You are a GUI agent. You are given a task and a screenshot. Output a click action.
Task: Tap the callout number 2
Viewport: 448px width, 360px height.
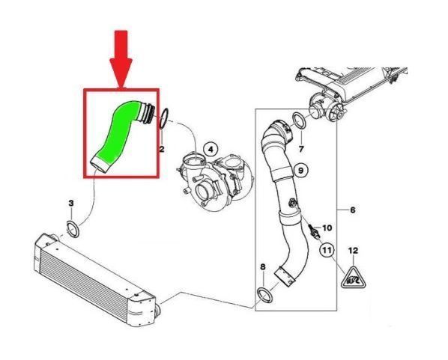click(x=162, y=149)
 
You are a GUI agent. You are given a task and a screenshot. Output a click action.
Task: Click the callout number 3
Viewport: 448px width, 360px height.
click(x=71, y=204)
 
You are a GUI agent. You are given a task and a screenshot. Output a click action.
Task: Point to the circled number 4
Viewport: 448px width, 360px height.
click(x=211, y=149)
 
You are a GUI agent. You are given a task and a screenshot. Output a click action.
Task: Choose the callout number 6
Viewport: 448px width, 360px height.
click(x=353, y=210)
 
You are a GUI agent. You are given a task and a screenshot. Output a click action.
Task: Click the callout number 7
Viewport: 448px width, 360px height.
click(x=301, y=149)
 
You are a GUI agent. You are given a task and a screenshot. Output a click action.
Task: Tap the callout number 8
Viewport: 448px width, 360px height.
click(x=263, y=267)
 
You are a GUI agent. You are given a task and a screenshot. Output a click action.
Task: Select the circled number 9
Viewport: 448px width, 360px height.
click(x=300, y=171)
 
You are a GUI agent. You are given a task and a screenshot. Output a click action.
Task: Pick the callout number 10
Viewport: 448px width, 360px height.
click(x=327, y=228)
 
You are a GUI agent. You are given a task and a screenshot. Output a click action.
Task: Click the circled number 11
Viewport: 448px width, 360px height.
click(x=327, y=251)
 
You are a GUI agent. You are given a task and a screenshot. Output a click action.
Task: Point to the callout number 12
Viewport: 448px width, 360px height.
click(x=353, y=251)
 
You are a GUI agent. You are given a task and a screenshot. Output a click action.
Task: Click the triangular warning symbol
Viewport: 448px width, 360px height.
click(x=354, y=278)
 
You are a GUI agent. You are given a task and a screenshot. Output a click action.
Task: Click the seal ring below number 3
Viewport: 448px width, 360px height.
click(x=73, y=229)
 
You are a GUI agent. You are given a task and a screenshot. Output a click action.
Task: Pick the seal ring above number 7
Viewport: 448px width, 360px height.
click(x=299, y=120)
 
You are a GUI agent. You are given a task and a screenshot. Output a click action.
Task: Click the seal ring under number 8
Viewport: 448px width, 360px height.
click(x=265, y=296)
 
